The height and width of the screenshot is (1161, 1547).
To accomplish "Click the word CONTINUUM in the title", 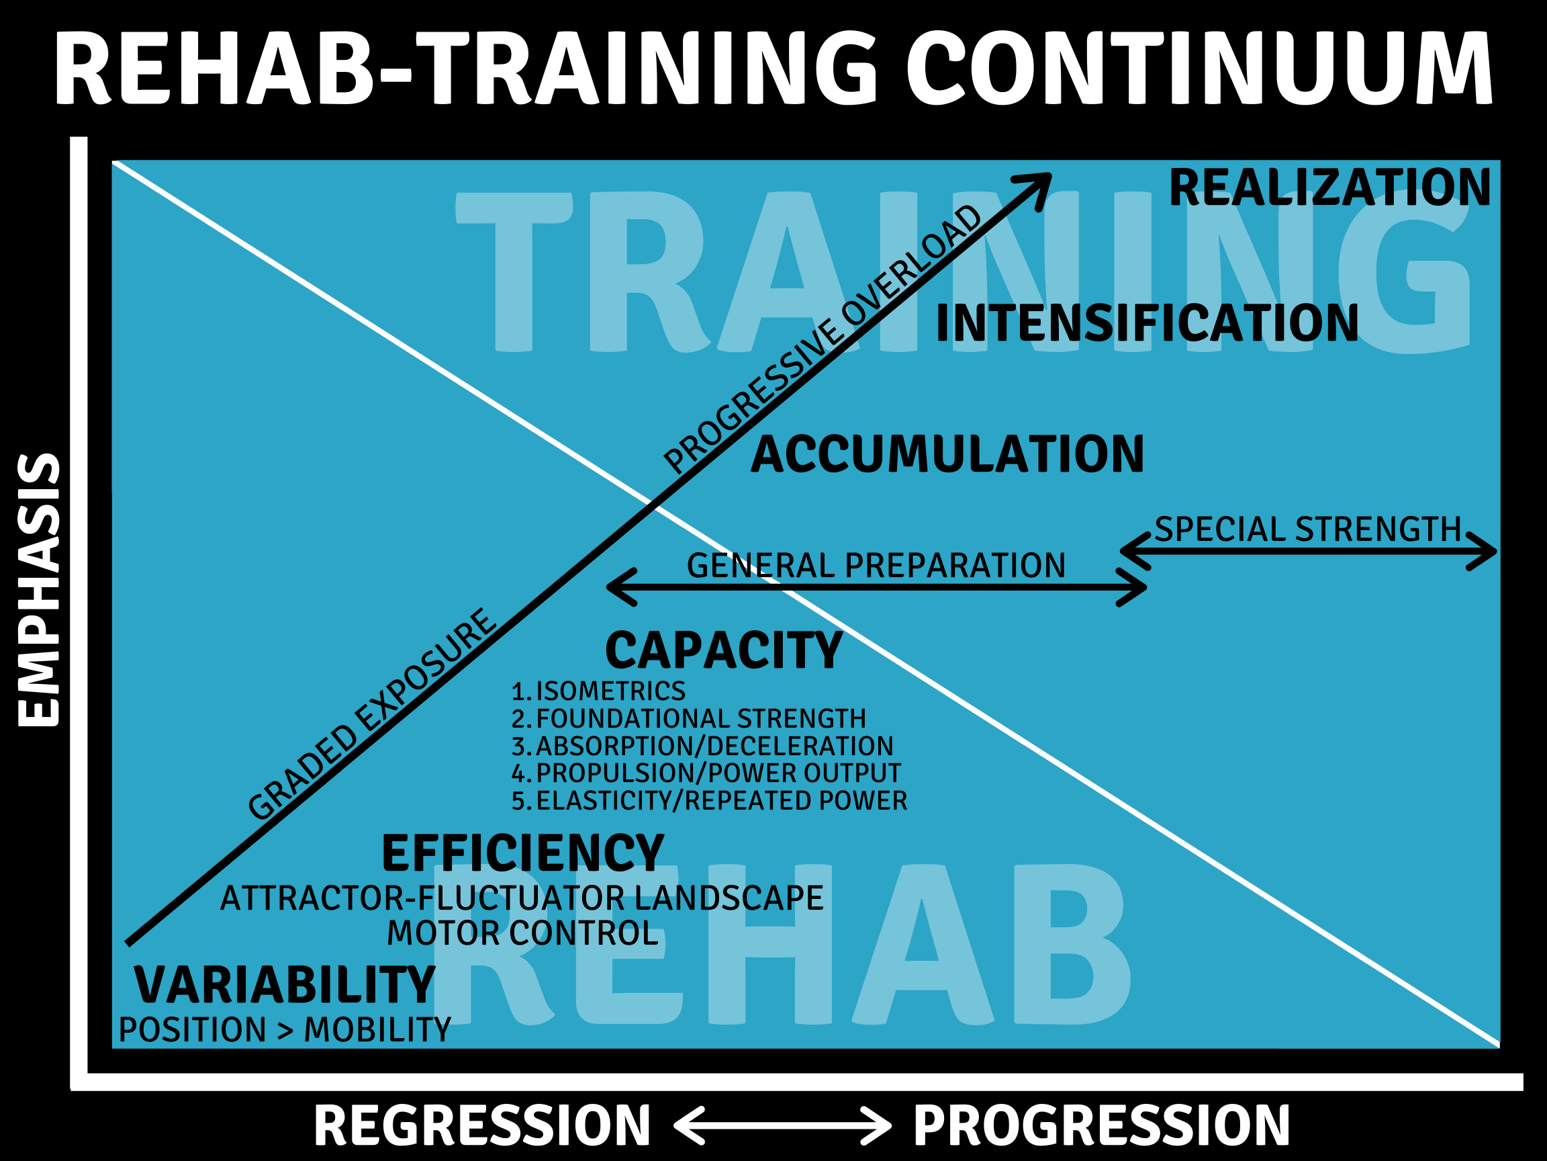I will click(1200, 68).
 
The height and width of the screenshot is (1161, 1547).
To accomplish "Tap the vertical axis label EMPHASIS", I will click(39, 590).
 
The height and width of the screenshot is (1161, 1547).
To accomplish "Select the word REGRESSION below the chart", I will click(482, 1125).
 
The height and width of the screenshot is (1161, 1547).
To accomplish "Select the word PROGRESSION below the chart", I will click(1103, 1125).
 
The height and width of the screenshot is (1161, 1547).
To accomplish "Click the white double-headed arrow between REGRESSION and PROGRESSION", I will click(782, 1125).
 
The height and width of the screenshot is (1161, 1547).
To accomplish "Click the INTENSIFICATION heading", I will click(1147, 323).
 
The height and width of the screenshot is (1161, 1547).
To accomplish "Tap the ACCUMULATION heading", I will click(947, 455).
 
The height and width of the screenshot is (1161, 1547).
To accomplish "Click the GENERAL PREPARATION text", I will click(876, 566).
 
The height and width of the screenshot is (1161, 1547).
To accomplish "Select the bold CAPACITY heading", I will click(724, 651).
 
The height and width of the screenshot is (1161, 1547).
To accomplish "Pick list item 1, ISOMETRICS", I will click(599, 691).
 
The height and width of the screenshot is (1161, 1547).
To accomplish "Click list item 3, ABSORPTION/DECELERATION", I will click(703, 746).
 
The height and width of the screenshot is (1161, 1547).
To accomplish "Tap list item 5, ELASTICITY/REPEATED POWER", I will click(709, 801).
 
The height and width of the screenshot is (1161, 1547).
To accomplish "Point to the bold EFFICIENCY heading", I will click(522, 854).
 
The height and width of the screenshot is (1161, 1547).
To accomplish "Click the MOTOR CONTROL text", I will click(522, 933).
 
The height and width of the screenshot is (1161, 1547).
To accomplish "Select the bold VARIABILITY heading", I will click(285, 986).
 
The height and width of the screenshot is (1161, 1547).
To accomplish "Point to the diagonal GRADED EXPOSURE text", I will click(372, 714).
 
